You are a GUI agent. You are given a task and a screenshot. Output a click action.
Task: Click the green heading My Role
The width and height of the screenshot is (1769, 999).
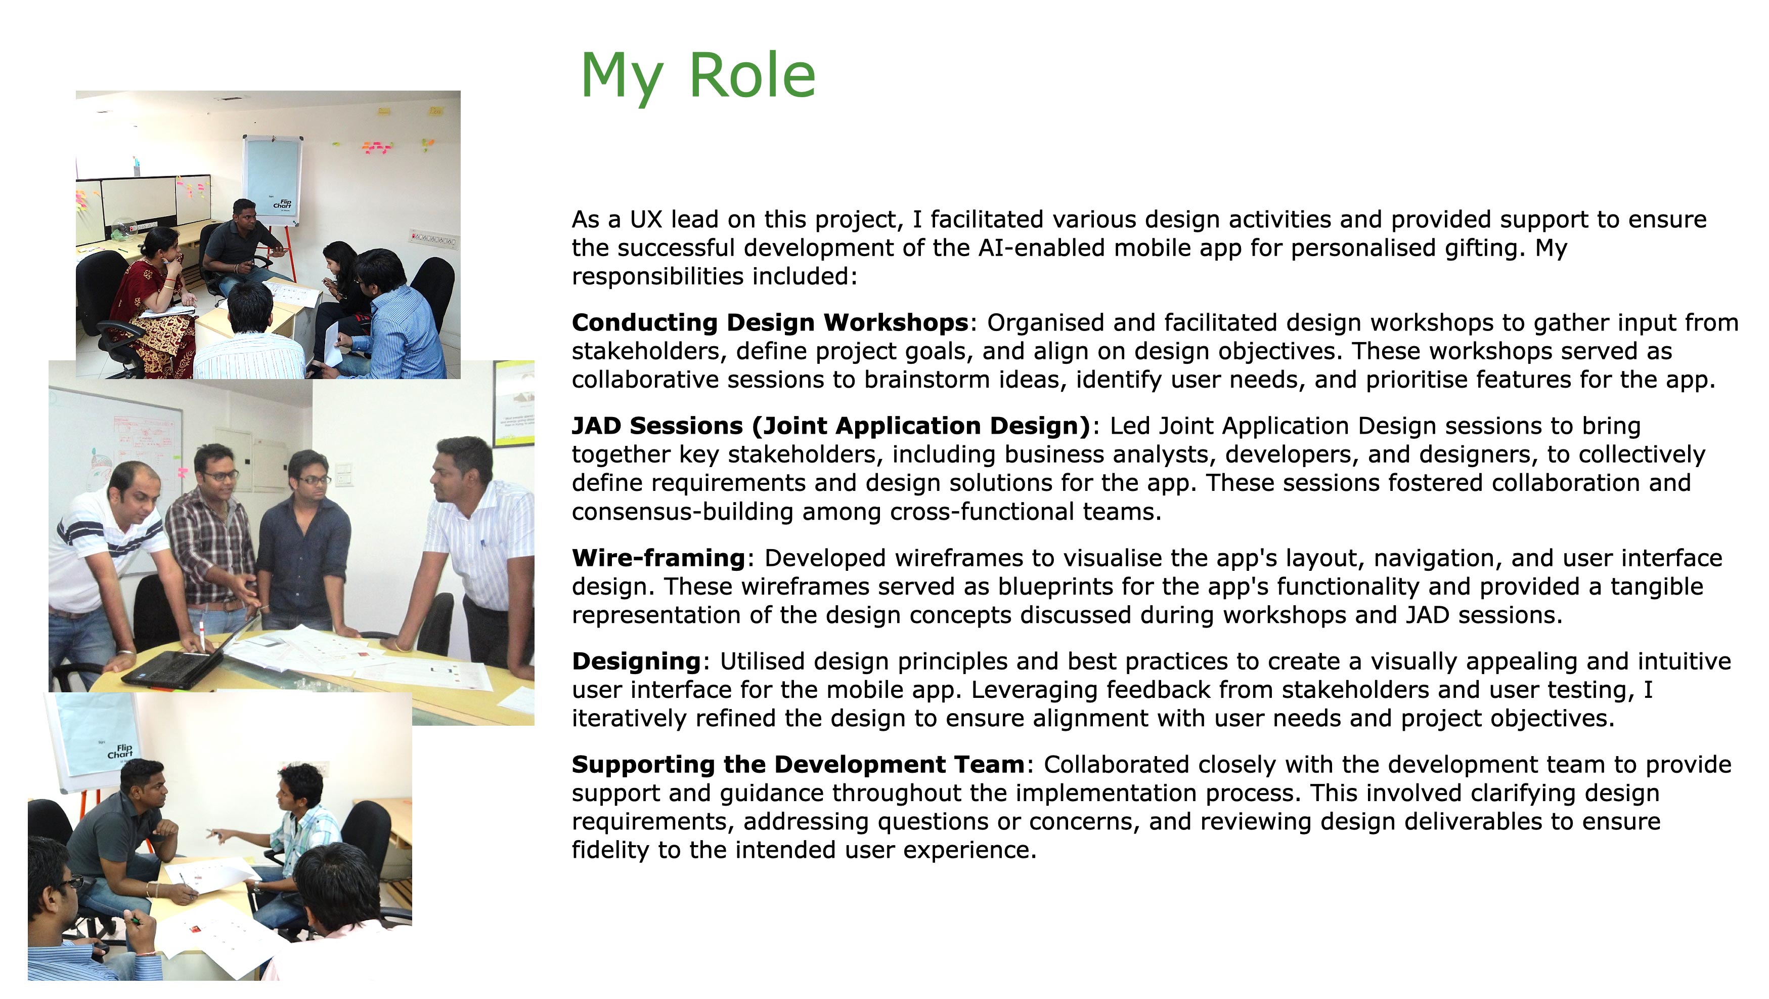tap(698, 77)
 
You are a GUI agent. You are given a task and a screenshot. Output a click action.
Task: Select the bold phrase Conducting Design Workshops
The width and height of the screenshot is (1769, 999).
tap(770, 322)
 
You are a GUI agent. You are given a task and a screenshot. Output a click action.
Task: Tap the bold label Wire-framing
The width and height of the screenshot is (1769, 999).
tap(658, 558)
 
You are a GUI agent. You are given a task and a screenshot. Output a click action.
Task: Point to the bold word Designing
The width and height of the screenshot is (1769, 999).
tap(636, 661)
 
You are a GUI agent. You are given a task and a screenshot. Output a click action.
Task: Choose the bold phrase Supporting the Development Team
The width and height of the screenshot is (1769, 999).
tap(798, 765)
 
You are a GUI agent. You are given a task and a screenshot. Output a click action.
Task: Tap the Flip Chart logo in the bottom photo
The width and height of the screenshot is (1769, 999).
tap(121, 751)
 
